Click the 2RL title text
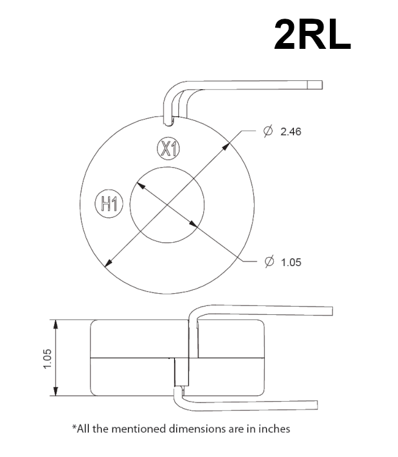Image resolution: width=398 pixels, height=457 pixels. pos(312,34)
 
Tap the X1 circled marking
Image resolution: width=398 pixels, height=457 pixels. pos(168,149)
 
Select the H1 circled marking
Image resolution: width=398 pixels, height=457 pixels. pos(107,204)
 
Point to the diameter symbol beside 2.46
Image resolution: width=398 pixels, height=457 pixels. pos(268,131)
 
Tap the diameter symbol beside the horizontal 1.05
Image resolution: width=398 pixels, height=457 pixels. pos(269,262)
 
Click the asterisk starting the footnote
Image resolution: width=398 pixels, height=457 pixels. pos(74,427)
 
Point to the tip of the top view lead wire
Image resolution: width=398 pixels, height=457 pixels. pos(318,85)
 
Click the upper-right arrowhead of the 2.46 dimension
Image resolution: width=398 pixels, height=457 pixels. pos(228,144)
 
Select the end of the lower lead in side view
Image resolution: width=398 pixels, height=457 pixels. pos(316,405)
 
